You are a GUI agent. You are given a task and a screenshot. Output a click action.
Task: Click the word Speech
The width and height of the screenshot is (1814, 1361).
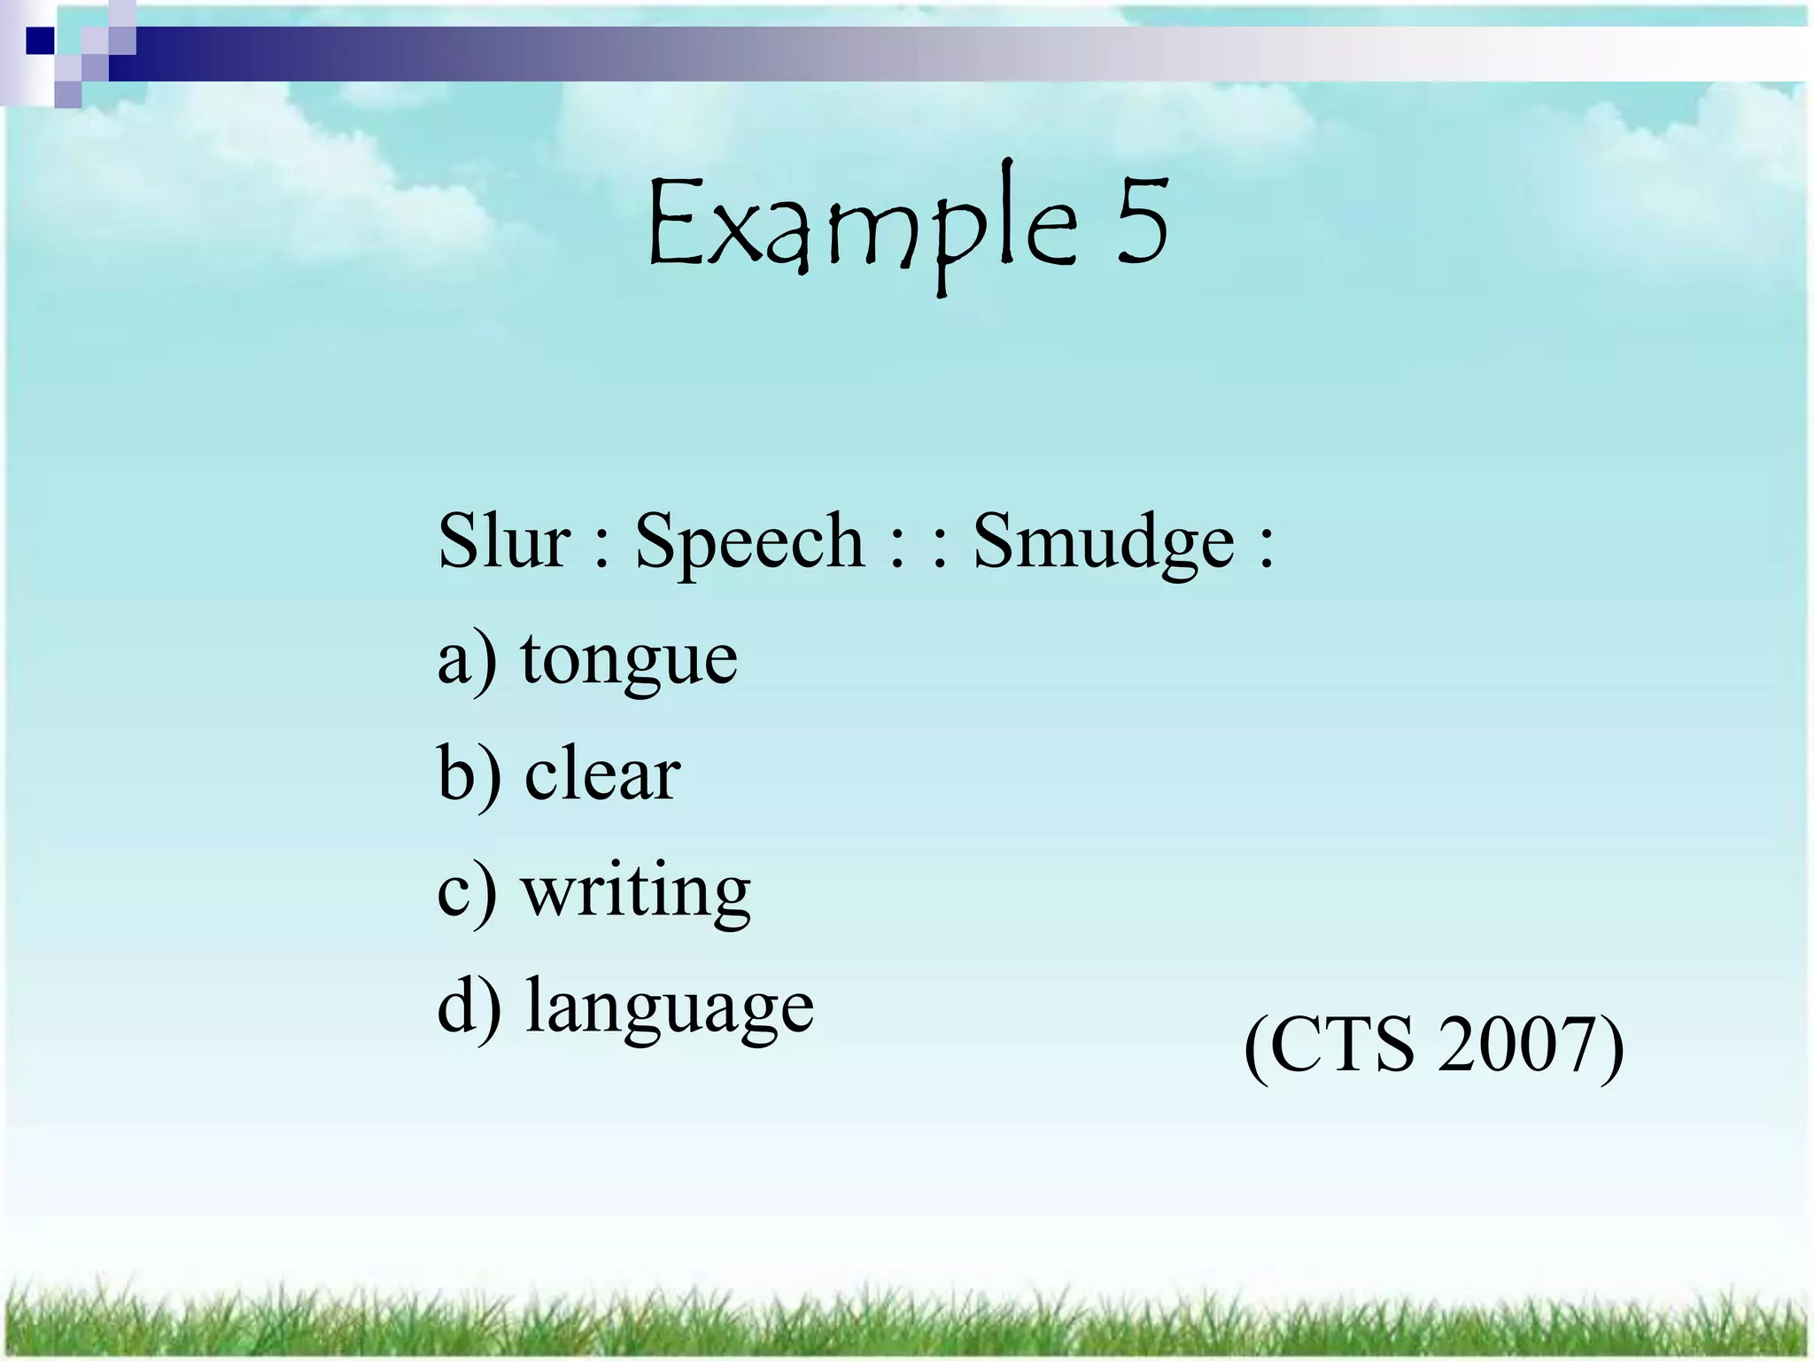pos(749,542)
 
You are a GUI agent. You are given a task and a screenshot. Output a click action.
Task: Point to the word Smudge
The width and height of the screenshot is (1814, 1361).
pos(1104,542)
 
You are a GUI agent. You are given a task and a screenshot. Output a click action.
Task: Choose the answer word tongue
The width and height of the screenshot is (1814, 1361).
pos(629,661)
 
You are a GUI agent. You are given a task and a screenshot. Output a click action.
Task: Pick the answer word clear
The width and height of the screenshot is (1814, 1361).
pos(602,774)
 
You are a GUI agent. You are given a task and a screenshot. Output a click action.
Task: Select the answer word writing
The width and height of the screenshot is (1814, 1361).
pos(636,893)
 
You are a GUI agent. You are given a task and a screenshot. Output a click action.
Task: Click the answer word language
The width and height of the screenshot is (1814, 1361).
pos(669,1008)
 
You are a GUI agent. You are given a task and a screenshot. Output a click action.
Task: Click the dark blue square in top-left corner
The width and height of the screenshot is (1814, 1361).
pos(40,41)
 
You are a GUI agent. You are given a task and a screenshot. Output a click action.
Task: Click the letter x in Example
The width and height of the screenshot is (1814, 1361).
pos(736,237)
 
